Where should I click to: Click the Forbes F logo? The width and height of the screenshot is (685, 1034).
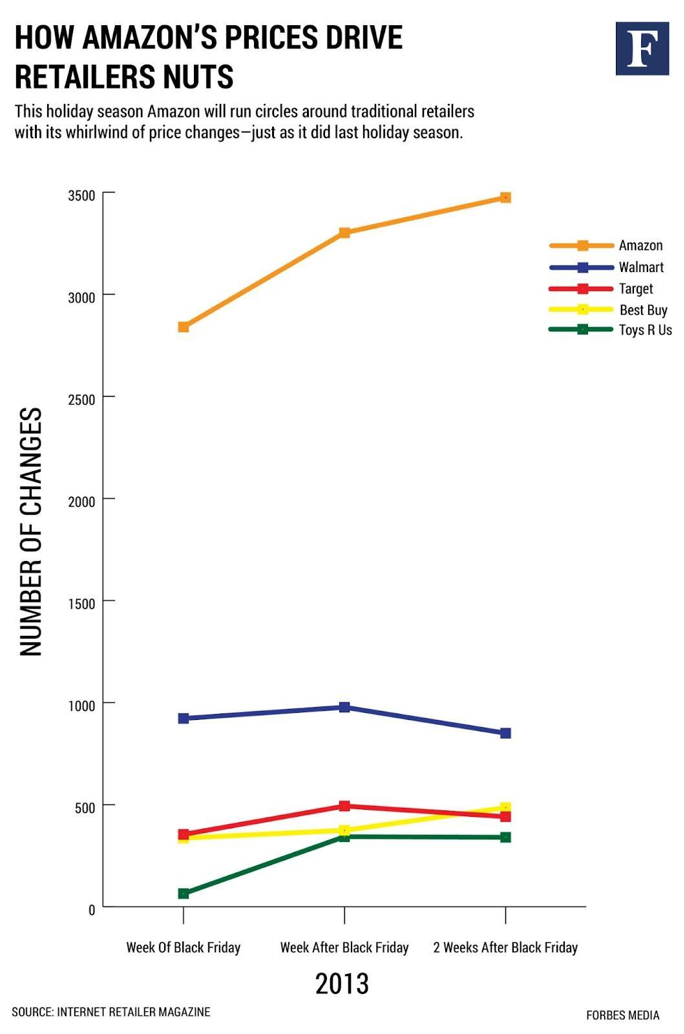(642, 48)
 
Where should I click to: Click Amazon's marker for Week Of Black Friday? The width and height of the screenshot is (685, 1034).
(184, 327)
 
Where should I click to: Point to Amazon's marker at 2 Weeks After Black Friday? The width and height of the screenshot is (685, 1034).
(505, 198)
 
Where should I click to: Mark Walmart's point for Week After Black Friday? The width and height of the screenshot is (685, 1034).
(344, 707)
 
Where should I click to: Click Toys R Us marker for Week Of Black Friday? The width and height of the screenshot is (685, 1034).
(184, 893)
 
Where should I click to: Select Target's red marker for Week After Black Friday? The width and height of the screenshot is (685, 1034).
(344, 806)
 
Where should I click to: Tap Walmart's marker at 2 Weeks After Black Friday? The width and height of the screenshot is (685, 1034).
(505, 733)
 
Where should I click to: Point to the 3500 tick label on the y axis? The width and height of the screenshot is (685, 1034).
(81, 196)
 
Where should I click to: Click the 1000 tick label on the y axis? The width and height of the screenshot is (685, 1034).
(81, 705)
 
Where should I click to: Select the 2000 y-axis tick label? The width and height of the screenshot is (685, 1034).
(81, 501)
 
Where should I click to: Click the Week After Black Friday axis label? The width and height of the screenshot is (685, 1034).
(344, 947)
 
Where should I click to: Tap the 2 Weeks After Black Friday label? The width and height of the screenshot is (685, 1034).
(505, 947)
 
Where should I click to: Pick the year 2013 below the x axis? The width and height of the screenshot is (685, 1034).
(342, 984)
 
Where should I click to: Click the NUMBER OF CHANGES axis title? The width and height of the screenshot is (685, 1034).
(31, 531)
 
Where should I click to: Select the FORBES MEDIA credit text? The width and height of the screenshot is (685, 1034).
(622, 1015)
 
